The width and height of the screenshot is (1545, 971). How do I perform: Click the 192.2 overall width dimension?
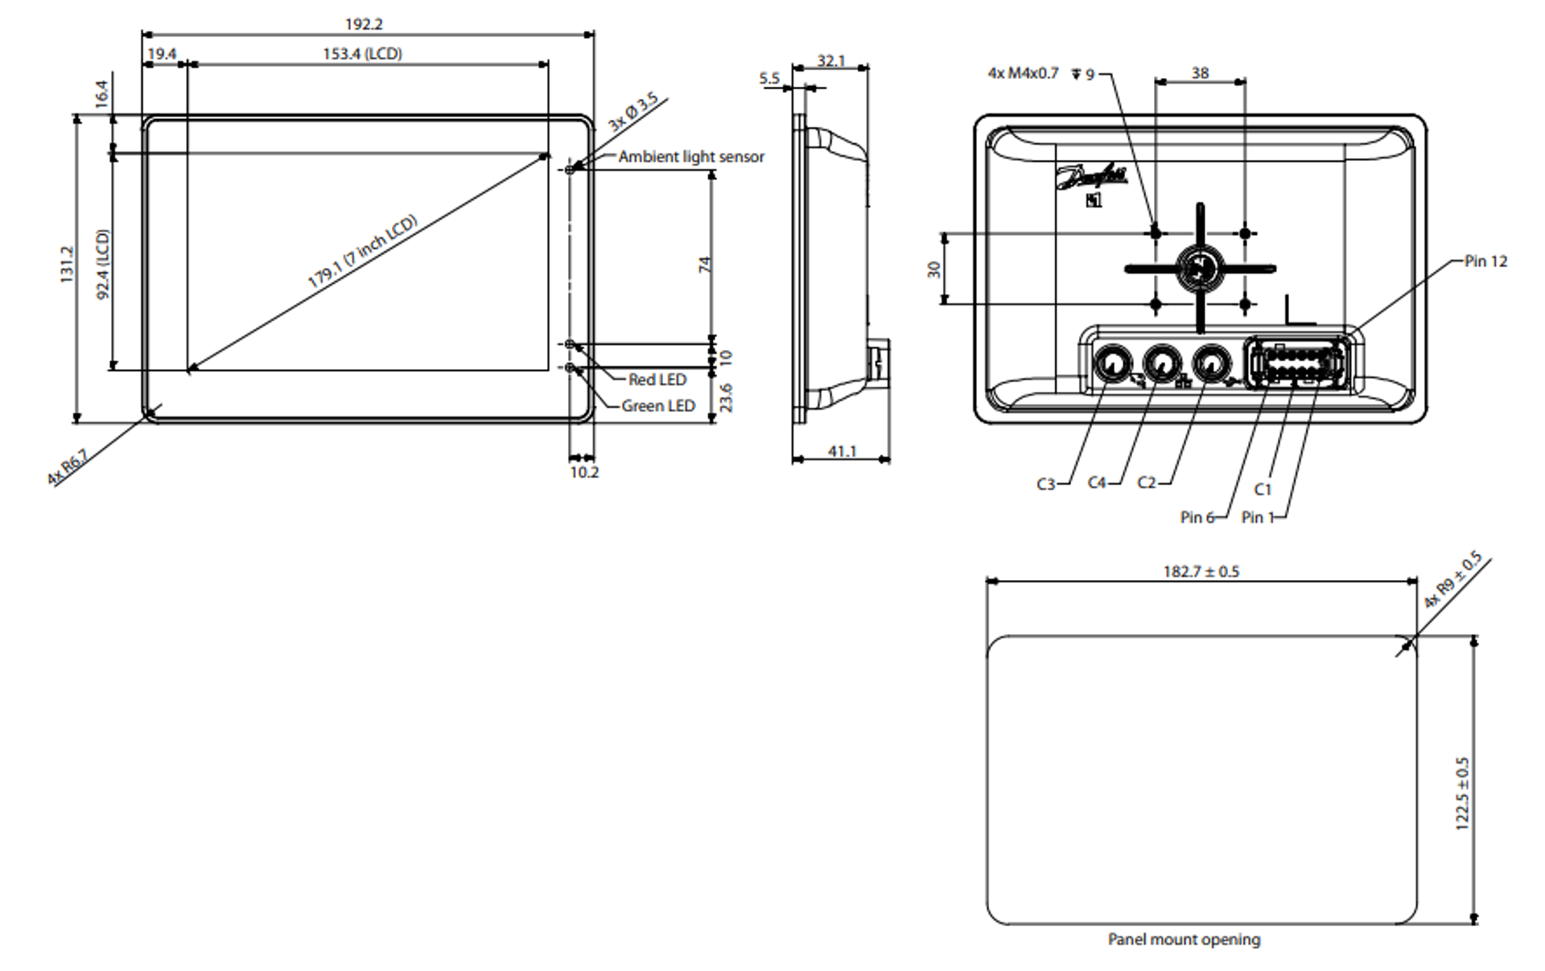(364, 24)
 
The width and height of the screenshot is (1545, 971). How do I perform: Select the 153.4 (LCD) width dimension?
(362, 54)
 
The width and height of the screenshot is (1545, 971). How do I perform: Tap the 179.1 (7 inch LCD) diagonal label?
(362, 251)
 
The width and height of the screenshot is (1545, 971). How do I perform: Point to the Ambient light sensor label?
(690, 157)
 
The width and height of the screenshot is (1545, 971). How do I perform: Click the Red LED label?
(657, 380)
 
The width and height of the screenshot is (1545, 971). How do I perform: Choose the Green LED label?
(657, 406)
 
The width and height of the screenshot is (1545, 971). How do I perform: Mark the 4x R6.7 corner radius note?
(68, 468)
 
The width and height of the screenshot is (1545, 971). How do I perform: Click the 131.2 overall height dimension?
(67, 264)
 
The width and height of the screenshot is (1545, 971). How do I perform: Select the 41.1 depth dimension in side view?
(842, 451)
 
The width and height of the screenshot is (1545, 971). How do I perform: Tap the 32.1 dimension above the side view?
(831, 61)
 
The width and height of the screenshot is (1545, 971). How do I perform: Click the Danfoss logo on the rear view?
(1091, 177)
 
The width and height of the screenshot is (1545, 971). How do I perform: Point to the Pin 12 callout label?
(1485, 261)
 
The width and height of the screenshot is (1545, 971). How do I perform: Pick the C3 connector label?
(1045, 484)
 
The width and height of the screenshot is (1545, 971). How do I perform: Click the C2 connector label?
(1146, 483)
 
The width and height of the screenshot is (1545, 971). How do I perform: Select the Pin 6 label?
(1197, 517)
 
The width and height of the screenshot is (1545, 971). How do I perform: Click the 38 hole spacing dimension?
(1200, 73)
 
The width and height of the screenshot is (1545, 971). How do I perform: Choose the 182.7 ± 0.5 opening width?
(1201, 572)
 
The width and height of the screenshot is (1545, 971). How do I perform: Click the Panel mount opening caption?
(1184, 940)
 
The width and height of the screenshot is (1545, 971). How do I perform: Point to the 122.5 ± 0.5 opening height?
(1462, 793)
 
